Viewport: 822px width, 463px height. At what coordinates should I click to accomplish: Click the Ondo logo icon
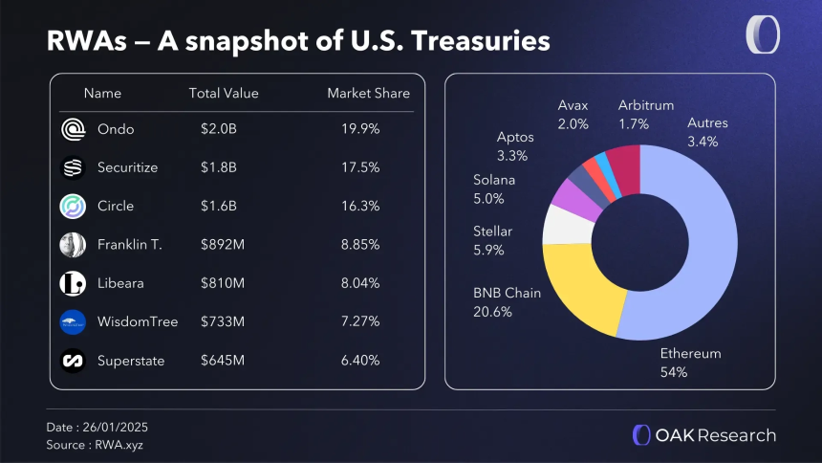pos(73,129)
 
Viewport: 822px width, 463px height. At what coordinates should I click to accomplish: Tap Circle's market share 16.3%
pos(359,206)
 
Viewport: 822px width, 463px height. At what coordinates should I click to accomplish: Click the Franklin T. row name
pos(129,244)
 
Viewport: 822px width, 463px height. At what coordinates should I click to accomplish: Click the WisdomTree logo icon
pos(73,321)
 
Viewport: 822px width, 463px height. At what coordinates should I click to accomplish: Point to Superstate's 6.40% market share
pos(359,361)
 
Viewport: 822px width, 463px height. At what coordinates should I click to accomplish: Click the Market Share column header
pos(368,94)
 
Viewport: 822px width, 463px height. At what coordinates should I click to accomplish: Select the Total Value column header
pos(224,94)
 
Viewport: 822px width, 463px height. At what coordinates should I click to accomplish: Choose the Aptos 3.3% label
pos(515,145)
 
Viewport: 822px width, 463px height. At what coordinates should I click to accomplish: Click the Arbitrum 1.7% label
pos(647,113)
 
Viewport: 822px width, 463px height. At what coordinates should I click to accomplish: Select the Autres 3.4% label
pos(707,132)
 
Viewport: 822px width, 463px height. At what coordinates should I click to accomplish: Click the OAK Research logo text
pos(715,435)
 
